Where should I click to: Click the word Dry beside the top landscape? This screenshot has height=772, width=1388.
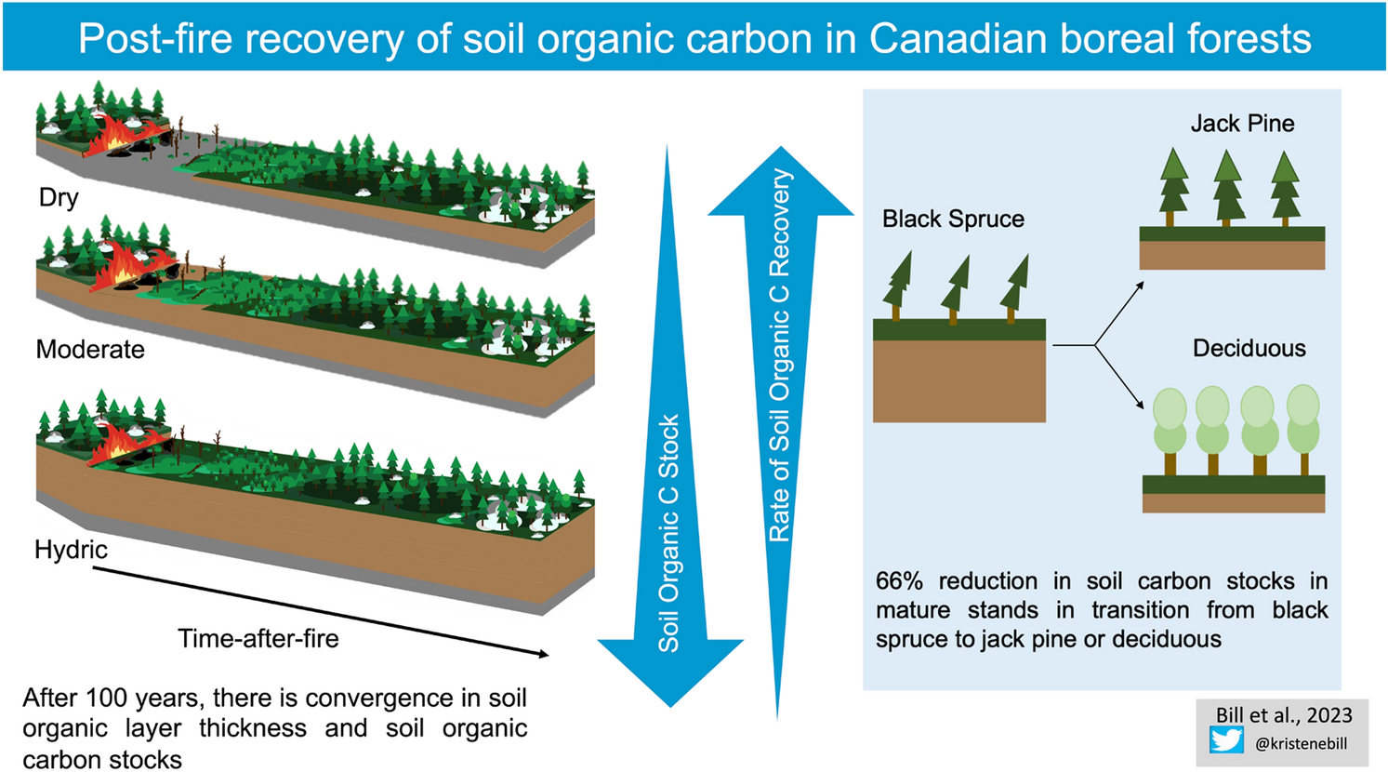point(59,198)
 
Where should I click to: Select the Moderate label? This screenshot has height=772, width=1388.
point(90,350)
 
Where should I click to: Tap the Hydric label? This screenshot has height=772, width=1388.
point(72,550)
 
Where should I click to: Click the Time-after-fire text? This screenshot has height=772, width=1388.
point(258,639)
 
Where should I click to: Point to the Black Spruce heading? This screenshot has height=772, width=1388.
point(953,219)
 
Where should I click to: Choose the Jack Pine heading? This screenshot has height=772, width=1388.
point(1242,124)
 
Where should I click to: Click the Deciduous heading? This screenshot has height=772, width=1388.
point(1249,349)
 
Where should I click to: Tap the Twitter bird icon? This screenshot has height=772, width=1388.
point(1226,741)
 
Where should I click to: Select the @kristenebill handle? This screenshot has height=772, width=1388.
point(1302,743)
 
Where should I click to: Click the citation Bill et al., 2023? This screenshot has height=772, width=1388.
point(1284,715)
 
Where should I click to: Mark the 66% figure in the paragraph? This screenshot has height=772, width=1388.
point(899,581)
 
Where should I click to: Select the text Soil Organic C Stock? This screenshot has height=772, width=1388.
point(669,534)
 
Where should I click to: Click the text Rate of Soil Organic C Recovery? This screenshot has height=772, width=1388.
point(779,355)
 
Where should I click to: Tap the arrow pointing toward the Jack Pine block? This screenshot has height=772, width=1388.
point(1119,313)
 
